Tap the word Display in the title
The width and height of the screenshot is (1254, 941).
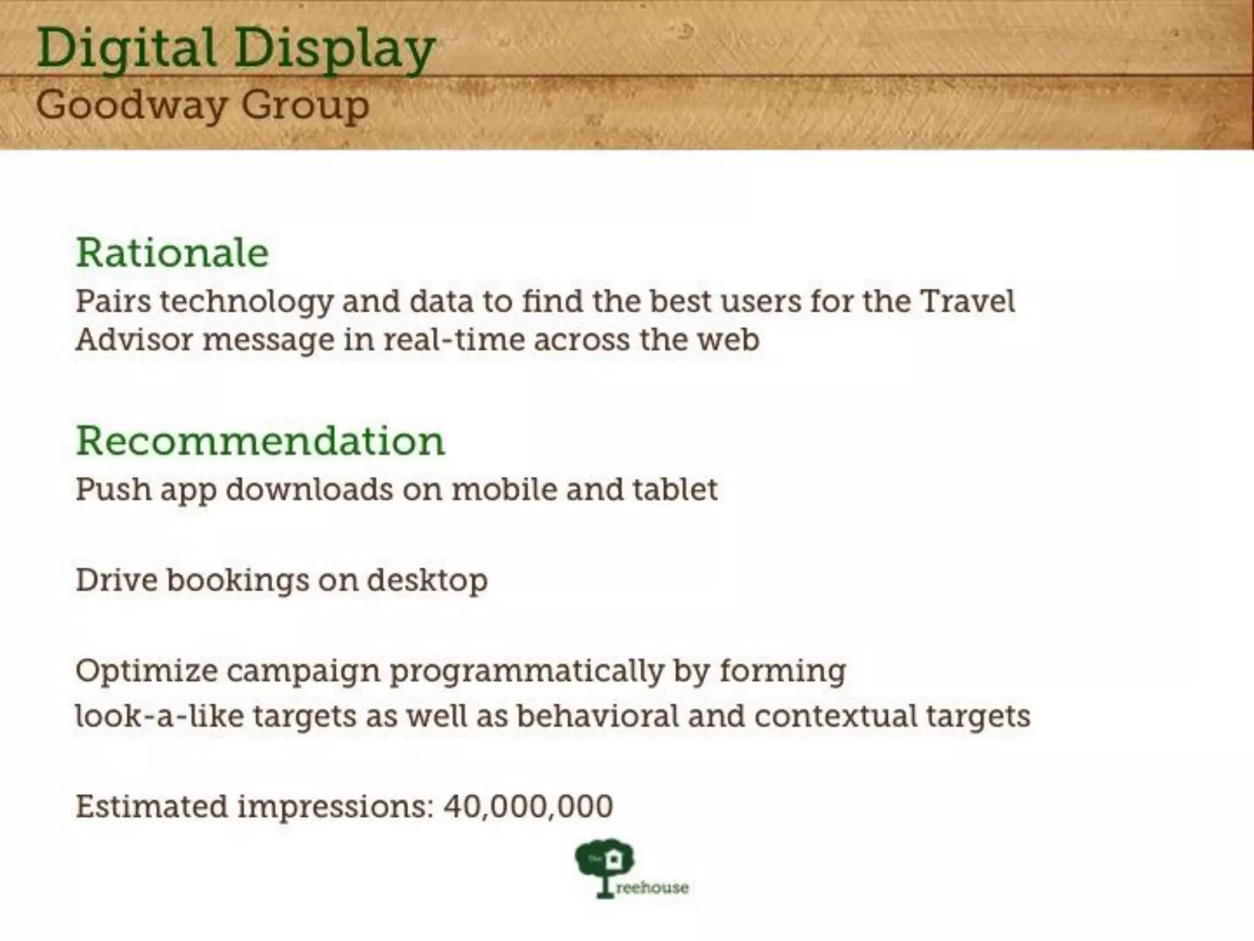coord(334,49)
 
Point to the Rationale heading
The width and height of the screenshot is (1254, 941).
coord(172,252)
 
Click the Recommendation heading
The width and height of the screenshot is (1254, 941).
coord(260,440)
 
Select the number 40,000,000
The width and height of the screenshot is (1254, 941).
coord(528,806)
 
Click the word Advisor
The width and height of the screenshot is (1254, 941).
coord(134,339)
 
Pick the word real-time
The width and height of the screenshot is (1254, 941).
coord(454,339)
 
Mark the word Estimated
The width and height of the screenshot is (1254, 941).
coord(151,806)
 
